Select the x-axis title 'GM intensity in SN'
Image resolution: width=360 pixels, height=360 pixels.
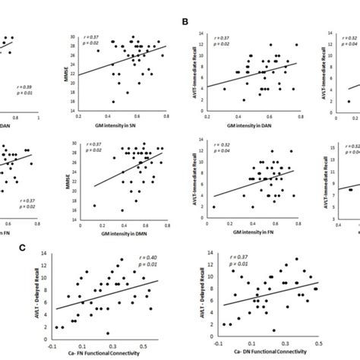click(127, 121)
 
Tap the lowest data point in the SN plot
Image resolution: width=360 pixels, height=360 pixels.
click(114, 101)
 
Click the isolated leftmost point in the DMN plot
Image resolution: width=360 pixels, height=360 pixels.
click(95, 204)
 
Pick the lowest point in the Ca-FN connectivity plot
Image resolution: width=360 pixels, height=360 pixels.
click(108, 333)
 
